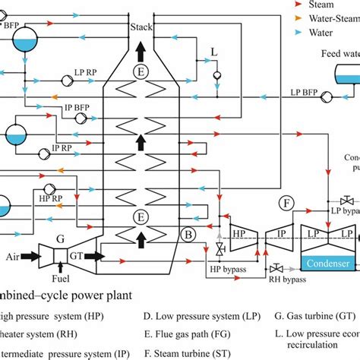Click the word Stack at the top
[141, 28]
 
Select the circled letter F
[286, 203]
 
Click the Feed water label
[339, 55]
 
